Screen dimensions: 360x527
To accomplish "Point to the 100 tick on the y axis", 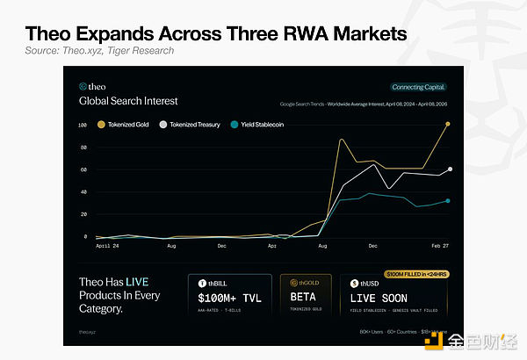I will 83,125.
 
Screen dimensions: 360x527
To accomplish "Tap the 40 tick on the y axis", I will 83,192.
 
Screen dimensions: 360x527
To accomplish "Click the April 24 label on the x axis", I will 108,248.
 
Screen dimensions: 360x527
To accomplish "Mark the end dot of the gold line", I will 449,124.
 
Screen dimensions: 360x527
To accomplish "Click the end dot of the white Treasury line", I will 450,169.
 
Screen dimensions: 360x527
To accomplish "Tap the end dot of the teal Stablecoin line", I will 448,201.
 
